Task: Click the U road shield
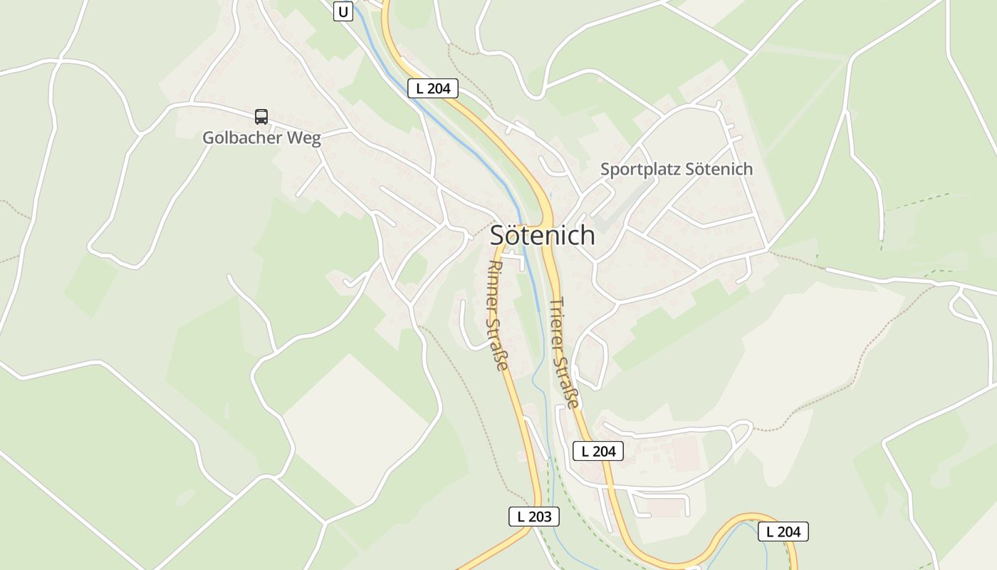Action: pyautogui.click(x=343, y=11)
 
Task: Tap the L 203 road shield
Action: pyautogui.click(x=534, y=517)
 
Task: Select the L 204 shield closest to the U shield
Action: pyautogui.click(x=433, y=88)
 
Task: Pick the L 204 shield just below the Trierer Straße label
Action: pyautogui.click(x=598, y=450)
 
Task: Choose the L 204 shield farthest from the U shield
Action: pyautogui.click(x=783, y=532)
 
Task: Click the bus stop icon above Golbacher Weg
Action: pyautogui.click(x=261, y=117)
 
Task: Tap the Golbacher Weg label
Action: pyautogui.click(x=261, y=138)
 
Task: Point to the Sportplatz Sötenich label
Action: pyautogui.click(x=676, y=170)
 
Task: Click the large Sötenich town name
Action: pyautogui.click(x=542, y=235)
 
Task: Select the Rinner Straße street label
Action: pyautogui.click(x=497, y=315)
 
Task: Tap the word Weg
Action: pyautogui.click(x=305, y=138)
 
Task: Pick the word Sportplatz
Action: pyautogui.click(x=639, y=170)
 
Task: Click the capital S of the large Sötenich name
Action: pyautogui.click(x=499, y=236)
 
